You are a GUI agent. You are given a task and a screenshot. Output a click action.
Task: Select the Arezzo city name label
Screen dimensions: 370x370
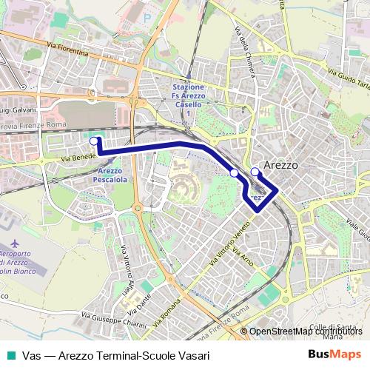tap(282, 165)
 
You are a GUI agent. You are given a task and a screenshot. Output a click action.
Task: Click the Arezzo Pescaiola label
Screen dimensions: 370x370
tap(110, 175)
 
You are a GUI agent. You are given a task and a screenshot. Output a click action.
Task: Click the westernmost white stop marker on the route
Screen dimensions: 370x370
tap(94, 141)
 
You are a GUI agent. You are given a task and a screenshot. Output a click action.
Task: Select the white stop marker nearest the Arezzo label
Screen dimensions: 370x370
tap(255, 172)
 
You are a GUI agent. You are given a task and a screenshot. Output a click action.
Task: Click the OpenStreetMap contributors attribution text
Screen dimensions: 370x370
tap(304, 331)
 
